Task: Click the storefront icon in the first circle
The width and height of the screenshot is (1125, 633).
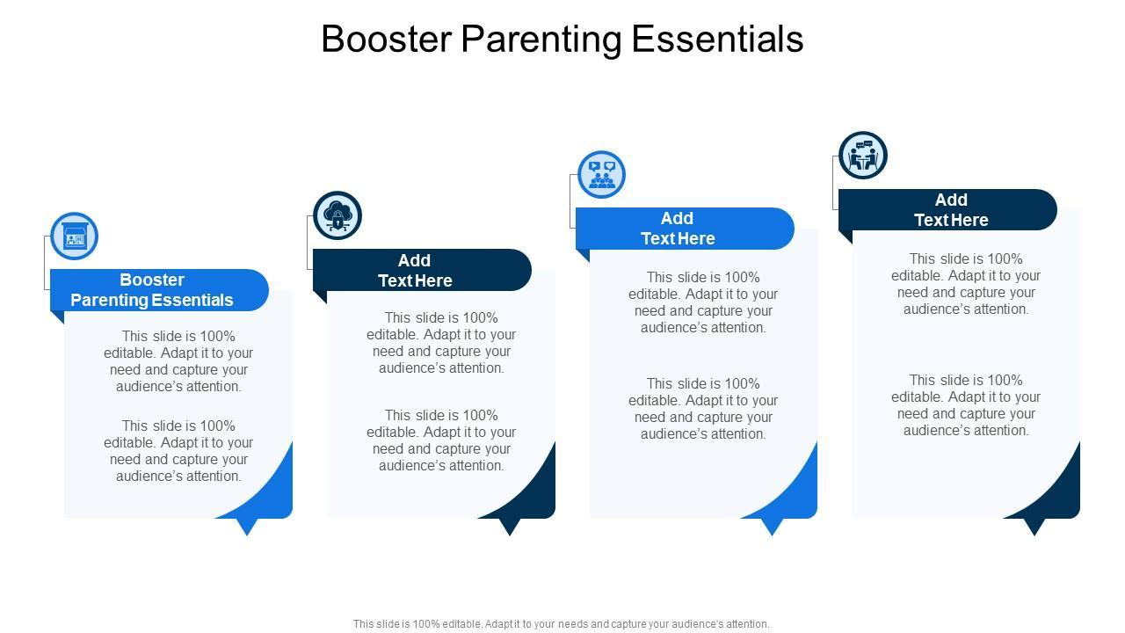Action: (x=75, y=236)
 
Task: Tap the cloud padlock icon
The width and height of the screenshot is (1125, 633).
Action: (x=337, y=216)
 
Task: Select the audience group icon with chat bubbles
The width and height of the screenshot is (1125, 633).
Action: (x=602, y=175)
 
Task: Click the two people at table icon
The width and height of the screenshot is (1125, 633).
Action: (x=863, y=156)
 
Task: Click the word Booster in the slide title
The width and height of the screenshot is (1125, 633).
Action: (x=387, y=39)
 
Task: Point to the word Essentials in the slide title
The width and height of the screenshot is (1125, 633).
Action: (x=717, y=39)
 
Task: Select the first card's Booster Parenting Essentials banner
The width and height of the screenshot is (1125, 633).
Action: (x=159, y=290)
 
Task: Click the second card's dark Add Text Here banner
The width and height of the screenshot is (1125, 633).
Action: (x=422, y=270)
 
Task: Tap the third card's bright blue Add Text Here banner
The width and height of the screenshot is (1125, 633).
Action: (x=685, y=229)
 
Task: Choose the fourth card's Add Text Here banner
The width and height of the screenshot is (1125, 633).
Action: (x=947, y=209)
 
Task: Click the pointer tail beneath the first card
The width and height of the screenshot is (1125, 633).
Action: (x=247, y=527)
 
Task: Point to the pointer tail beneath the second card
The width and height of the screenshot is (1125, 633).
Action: (x=510, y=527)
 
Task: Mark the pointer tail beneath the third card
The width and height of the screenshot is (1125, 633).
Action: (x=772, y=527)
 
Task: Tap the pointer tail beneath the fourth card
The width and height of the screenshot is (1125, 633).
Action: (x=1034, y=527)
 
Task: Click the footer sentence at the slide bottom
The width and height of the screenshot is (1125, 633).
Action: (x=561, y=624)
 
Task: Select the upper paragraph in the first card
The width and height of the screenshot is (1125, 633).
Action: (x=178, y=361)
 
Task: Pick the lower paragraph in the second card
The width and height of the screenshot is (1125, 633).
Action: (x=441, y=440)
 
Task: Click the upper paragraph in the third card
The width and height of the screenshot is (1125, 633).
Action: (x=703, y=302)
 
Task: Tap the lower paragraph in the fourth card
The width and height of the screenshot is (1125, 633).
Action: (x=966, y=405)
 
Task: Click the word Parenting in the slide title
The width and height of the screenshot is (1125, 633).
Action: (x=541, y=40)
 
